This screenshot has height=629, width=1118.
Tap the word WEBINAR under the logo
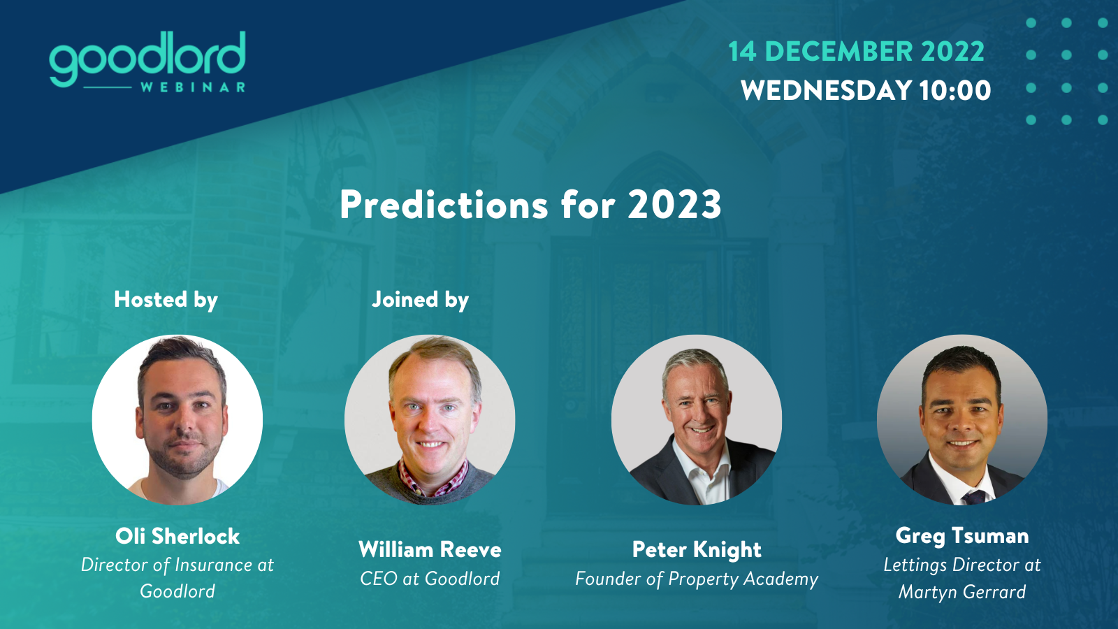coord(193,87)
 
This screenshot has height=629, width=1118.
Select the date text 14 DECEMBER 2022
coord(856,52)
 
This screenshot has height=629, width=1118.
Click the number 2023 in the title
coord(674,205)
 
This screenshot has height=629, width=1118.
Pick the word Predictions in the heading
coord(444,205)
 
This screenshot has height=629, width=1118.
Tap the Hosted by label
coord(166,300)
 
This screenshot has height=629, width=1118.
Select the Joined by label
coord(420,300)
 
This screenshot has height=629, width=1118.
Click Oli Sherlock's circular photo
coord(177,420)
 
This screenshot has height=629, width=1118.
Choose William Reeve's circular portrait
coord(430,420)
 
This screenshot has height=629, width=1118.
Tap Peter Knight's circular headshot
coord(697,420)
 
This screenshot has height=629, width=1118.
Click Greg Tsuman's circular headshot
coord(962,420)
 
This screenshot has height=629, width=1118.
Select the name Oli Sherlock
coord(177,536)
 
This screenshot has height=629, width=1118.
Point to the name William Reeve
coord(430,549)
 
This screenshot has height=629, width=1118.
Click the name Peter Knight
coord(697,550)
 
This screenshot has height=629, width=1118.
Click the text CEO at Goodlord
coord(430,579)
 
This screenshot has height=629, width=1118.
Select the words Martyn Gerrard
coord(962,593)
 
